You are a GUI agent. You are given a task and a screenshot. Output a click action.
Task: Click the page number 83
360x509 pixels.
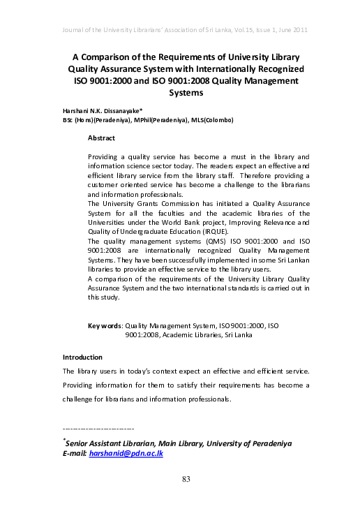(x=186, y=479)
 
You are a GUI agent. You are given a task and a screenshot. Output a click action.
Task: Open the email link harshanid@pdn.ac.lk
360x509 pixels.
(x=136, y=454)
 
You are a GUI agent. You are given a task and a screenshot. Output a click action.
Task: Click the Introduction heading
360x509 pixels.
(x=82, y=357)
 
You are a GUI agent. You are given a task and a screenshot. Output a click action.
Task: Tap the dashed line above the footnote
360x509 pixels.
(x=98, y=428)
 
